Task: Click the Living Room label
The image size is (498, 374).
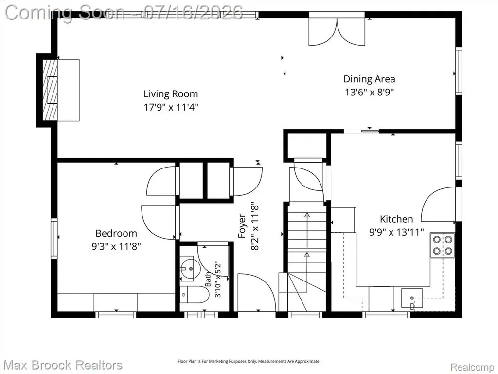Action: click(x=171, y=94)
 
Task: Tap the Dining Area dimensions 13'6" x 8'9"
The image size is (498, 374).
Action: click(x=370, y=92)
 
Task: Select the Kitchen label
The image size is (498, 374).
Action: click(x=396, y=219)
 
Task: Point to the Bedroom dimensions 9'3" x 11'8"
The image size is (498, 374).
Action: click(x=116, y=246)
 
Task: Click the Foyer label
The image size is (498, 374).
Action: click(x=242, y=226)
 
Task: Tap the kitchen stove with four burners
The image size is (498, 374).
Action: click(x=443, y=245)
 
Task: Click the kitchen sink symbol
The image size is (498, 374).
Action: click(x=412, y=299)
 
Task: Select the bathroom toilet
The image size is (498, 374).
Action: click(x=194, y=295)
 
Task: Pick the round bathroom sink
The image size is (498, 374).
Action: click(x=190, y=269)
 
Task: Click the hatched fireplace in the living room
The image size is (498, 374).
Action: click(x=50, y=90)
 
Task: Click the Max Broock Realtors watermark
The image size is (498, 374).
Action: click(x=63, y=365)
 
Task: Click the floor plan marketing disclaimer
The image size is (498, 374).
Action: click(x=249, y=361)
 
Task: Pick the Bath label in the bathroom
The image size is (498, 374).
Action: click(x=208, y=279)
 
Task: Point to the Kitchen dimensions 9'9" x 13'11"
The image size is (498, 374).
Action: click(x=396, y=232)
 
